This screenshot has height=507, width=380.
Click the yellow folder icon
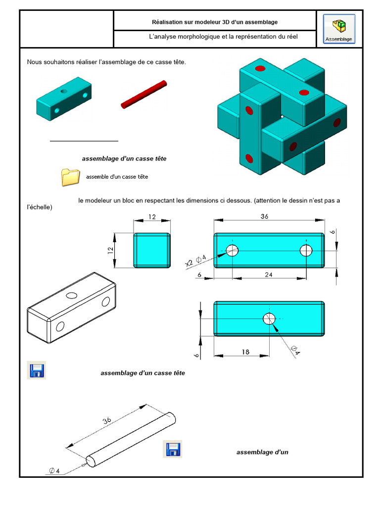(70, 177)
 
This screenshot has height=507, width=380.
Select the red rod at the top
(143, 96)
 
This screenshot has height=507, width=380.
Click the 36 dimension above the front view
(264, 216)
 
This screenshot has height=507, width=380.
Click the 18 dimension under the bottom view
(245, 352)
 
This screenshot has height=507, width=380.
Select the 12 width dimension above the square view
(152, 216)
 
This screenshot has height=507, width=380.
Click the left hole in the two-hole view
(232, 251)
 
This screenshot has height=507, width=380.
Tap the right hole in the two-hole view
(306, 251)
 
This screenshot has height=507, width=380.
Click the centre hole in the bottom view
(269, 319)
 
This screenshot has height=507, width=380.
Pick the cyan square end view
(152, 251)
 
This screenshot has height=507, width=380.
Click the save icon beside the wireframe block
(36, 370)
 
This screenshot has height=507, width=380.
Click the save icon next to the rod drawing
(173, 449)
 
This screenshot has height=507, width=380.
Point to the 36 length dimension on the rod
(107, 421)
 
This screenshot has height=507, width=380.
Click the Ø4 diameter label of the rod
(54, 470)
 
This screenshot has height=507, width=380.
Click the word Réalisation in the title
(167, 22)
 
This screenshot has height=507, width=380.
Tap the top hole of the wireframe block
(72, 295)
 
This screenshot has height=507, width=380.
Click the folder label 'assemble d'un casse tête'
(117, 177)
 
